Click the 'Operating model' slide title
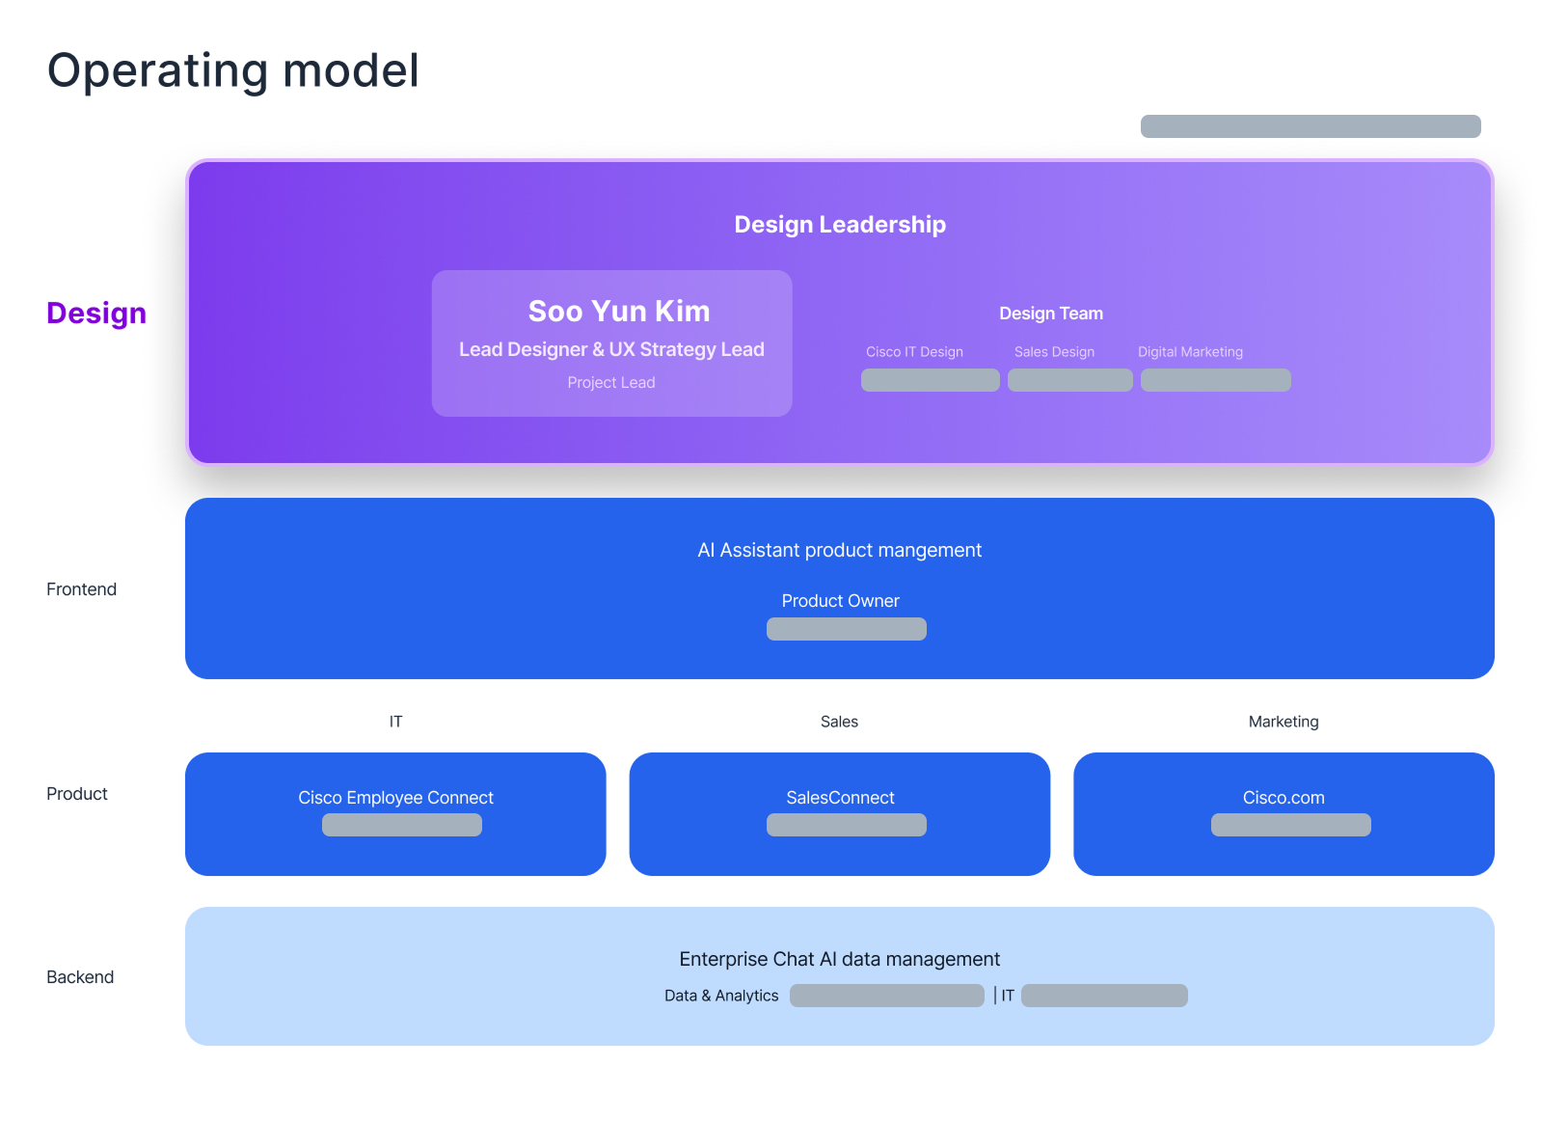232,70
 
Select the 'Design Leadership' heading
840,225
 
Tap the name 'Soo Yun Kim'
618,311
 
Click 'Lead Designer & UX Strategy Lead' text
611,349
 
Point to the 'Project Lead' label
610,382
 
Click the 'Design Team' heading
1050,314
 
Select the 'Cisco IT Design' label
914,352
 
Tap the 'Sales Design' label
1054,352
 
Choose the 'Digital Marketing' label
1190,352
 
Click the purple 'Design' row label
96,314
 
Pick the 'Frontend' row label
81,589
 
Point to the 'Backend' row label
80,976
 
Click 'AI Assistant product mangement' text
839,550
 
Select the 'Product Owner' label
840,601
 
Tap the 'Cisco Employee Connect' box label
395,798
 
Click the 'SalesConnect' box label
840,798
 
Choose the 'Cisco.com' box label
1283,798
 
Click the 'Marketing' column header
1283,722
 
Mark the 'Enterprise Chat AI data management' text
839,959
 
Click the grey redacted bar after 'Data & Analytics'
887,996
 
